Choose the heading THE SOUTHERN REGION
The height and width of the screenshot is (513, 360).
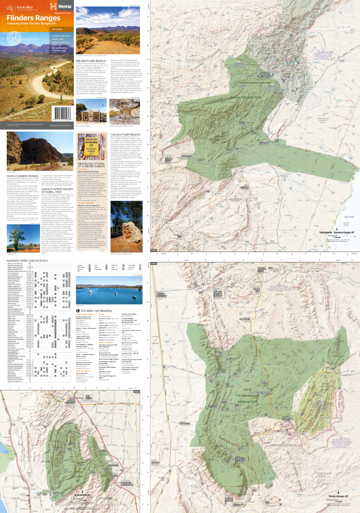(126, 134)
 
